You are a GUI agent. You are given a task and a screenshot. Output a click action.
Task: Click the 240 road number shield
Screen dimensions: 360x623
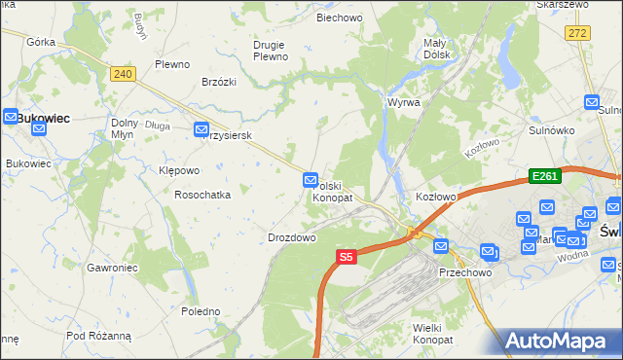tap(122, 74)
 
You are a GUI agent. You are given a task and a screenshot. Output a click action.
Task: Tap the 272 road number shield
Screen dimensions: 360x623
tap(578, 33)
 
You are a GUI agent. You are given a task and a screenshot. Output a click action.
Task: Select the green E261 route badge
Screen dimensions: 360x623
tap(543, 176)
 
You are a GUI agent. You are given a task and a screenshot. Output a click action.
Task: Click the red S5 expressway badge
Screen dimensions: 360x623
tap(347, 257)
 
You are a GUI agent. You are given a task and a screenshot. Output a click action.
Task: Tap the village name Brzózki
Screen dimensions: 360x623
tap(220, 83)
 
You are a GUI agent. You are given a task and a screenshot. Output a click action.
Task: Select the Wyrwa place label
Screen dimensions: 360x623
tap(403, 102)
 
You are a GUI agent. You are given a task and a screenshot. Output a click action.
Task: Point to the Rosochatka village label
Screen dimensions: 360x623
tap(202, 195)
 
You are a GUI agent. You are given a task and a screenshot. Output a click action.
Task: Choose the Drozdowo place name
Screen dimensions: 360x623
tap(291, 237)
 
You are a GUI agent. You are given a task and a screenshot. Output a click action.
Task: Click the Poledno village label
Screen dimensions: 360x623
tap(201, 311)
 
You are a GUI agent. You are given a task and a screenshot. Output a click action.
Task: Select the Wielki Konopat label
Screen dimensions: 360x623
tap(433, 335)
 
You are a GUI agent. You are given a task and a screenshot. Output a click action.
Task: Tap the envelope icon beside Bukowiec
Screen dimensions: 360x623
tap(8, 117)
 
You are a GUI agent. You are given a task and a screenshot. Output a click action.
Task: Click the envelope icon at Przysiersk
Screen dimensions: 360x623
tap(202, 129)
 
